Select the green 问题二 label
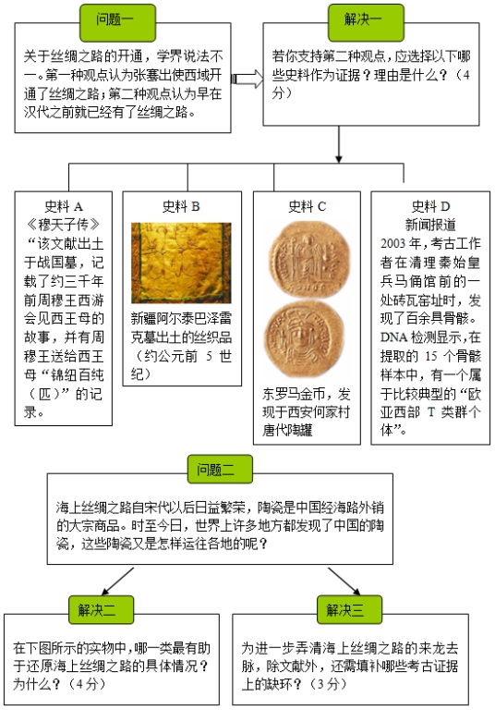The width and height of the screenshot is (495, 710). click(x=220, y=469)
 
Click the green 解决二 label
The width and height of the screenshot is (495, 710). click(x=101, y=610)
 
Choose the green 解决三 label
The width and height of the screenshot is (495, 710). click(x=349, y=610)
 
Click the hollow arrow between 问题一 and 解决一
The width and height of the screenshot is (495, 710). click(x=247, y=79)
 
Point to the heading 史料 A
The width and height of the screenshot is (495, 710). click(x=64, y=207)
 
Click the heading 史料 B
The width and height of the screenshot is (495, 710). click(x=181, y=207)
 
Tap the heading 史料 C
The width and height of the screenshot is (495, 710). click(x=307, y=207)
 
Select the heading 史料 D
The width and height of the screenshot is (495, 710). click(x=430, y=207)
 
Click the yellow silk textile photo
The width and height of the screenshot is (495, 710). click(x=181, y=263)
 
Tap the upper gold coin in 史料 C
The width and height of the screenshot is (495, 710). click(x=309, y=259)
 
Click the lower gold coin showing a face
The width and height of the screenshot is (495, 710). click(x=304, y=339)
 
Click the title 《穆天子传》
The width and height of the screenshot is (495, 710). click(x=64, y=225)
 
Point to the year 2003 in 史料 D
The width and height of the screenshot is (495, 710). click(x=392, y=244)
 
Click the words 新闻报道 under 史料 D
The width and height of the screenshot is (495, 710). click(x=430, y=225)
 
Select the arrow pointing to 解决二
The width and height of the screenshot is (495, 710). click(x=117, y=581)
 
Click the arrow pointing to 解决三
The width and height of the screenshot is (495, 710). click(x=344, y=581)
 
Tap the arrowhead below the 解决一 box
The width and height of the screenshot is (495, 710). click(x=338, y=159)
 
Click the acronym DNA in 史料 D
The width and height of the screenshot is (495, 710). click(x=393, y=337)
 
